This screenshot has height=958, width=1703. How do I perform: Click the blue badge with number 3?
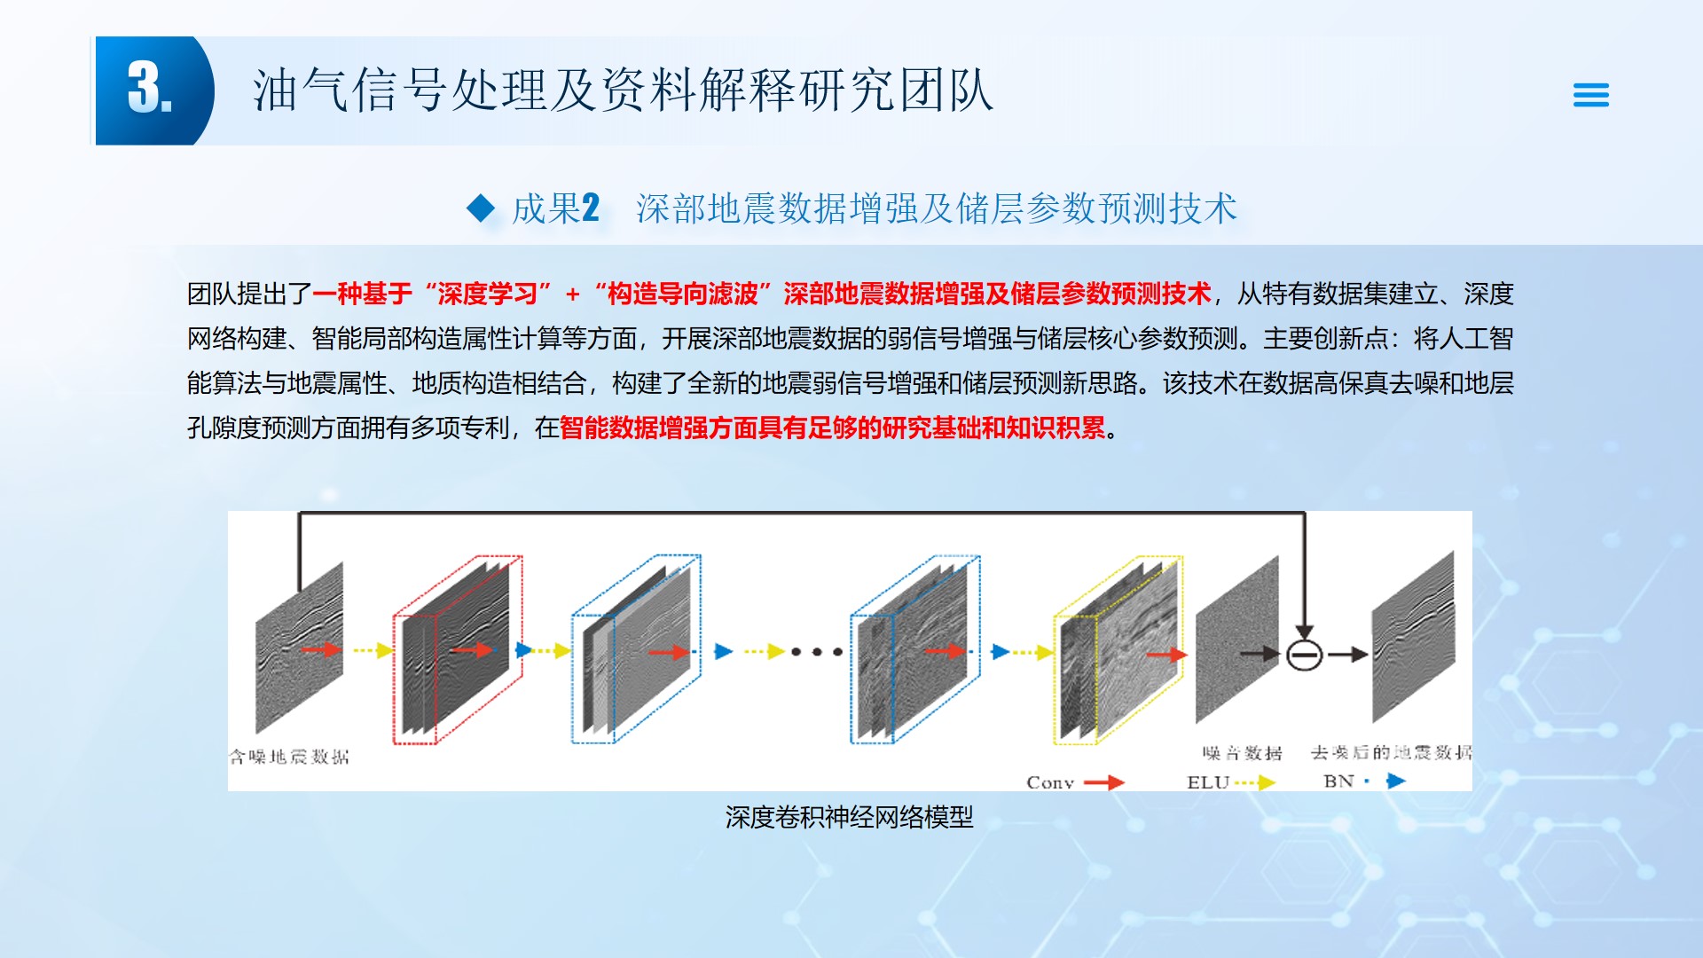(x=151, y=90)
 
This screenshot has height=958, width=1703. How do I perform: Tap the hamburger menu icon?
(x=1590, y=95)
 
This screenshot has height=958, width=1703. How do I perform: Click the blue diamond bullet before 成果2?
(x=481, y=208)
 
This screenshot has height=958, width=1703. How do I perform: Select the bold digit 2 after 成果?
(x=591, y=208)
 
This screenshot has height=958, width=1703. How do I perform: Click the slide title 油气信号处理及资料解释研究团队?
(x=623, y=90)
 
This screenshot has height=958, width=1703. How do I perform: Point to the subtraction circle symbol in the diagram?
(x=1304, y=655)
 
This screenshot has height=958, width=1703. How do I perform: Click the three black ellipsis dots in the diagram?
(x=817, y=652)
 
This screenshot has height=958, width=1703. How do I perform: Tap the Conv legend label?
(x=1050, y=782)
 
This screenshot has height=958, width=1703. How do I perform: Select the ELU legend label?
(x=1208, y=782)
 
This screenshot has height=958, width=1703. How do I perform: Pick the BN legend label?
(x=1338, y=781)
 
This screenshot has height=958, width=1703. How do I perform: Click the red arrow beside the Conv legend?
(x=1104, y=782)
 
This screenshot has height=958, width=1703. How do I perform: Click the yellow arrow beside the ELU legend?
(x=1256, y=782)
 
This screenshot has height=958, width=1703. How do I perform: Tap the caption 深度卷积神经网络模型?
(x=849, y=817)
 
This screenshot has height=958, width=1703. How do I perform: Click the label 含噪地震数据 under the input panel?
(x=290, y=757)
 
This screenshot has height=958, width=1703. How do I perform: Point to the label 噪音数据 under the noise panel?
(x=1242, y=753)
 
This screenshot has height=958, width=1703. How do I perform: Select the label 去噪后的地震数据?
(x=1391, y=752)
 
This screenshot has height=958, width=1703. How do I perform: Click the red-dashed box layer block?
(x=458, y=650)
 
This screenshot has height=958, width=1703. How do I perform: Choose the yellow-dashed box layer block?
(x=1118, y=650)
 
